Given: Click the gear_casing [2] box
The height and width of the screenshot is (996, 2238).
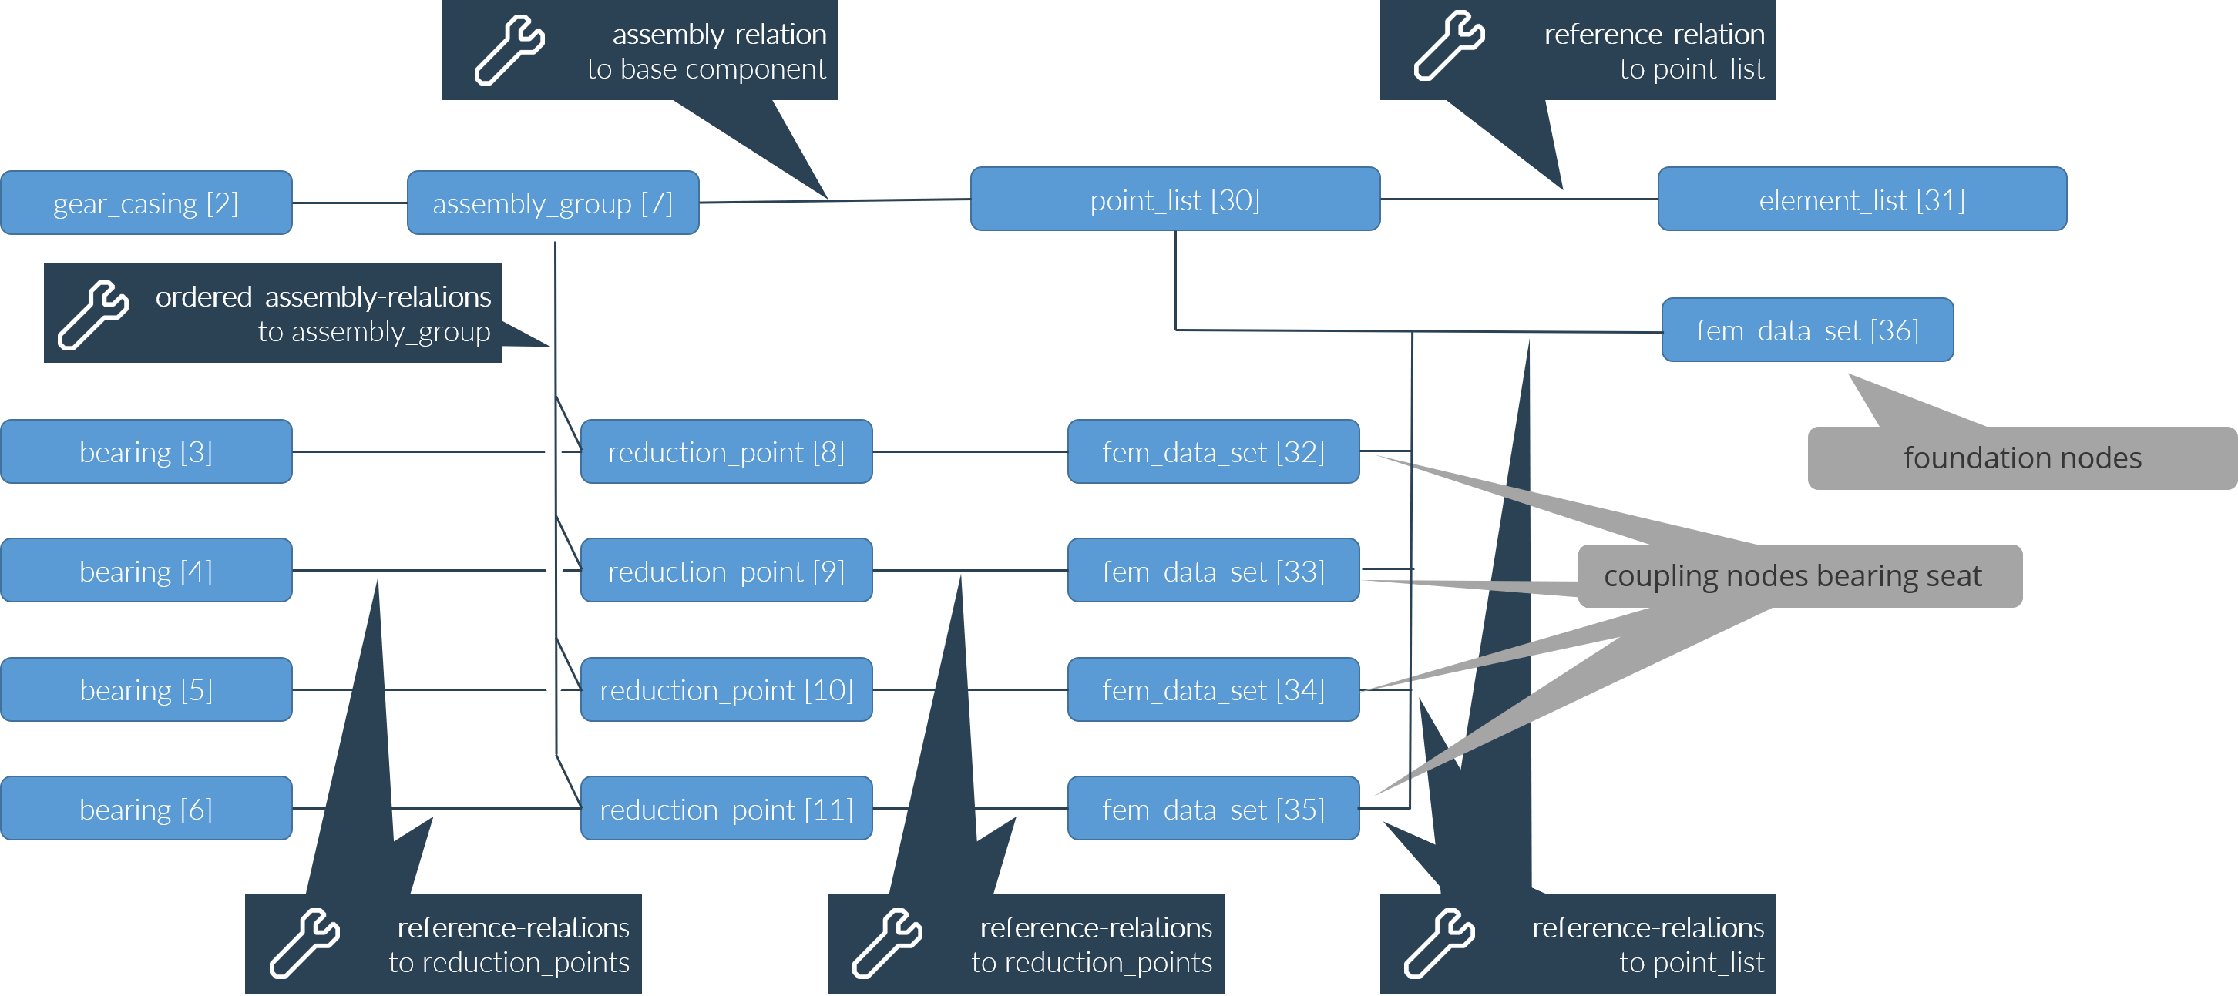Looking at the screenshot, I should point(146,203).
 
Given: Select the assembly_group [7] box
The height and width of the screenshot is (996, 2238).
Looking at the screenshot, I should point(553,203).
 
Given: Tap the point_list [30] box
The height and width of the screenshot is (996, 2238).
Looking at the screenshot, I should point(1174,200).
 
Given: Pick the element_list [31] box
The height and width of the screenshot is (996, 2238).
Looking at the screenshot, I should point(1861,200).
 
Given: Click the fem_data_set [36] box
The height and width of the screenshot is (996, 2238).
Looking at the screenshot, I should point(1807,330).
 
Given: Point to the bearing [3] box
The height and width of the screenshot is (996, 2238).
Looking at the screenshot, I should point(146,451).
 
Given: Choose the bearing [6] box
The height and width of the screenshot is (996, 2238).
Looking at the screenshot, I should point(146,809).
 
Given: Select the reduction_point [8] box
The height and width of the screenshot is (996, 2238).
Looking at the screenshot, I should point(726,451).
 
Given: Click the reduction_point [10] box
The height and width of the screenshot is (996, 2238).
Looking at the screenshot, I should point(726,689).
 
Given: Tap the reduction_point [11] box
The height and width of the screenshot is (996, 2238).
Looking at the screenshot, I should point(726,809).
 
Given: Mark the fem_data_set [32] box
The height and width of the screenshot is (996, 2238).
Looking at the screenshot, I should point(1213,451).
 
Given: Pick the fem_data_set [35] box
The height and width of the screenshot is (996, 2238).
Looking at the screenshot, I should point(1213,809).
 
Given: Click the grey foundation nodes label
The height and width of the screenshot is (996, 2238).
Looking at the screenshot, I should point(2021,458).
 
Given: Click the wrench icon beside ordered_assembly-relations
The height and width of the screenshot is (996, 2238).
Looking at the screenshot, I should point(93,314).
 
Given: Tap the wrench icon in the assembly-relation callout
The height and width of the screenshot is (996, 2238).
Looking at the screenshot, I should point(509,49).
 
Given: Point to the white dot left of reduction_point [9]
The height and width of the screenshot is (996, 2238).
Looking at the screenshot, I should point(553,568).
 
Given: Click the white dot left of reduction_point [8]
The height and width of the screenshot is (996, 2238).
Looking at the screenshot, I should point(553,451).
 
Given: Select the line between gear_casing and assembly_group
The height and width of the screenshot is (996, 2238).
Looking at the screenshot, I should point(349,203).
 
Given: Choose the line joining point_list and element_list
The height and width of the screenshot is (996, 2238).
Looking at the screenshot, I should point(1519,200).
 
